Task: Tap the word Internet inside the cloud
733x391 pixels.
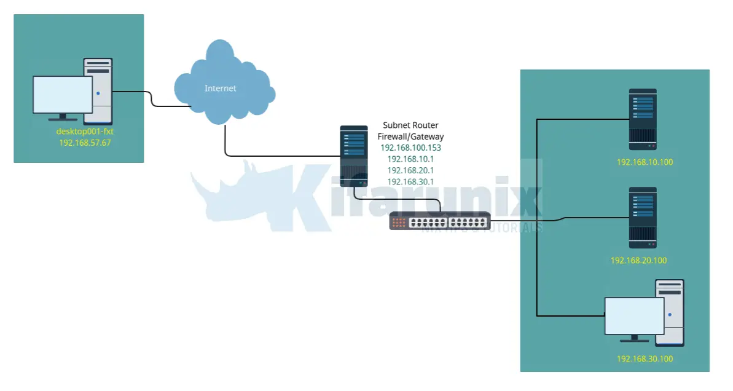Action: pyautogui.click(x=221, y=89)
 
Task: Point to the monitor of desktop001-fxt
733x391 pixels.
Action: pyautogui.click(x=62, y=95)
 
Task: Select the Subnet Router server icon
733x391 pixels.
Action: pyautogui.click(x=354, y=156)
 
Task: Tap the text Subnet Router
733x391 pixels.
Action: pyautogui.click(x=410, y=125)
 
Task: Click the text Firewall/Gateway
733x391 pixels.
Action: pyautogui.click(x=410, y=136)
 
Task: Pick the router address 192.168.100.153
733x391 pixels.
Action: pyautogui.click(x=410, y=148)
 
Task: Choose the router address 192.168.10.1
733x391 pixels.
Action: pyautogui.click(x=410, y=159)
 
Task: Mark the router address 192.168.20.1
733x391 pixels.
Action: pyautogui.click(x=410, y=170)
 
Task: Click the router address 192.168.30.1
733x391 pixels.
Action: pyautogui.click(x=410, y=181)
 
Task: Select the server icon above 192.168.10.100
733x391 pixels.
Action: pyautogui.click(x=643, y=119)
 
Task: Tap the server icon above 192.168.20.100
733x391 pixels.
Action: pyautogui.click(x=643, y=218)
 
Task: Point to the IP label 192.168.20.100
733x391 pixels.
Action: pyautogui.click(x=638, y=260)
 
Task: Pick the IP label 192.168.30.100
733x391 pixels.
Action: pyautogui.click(x=645, y=358)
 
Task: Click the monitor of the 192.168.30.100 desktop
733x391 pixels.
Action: pyautogui.click(x=634, y=316)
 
